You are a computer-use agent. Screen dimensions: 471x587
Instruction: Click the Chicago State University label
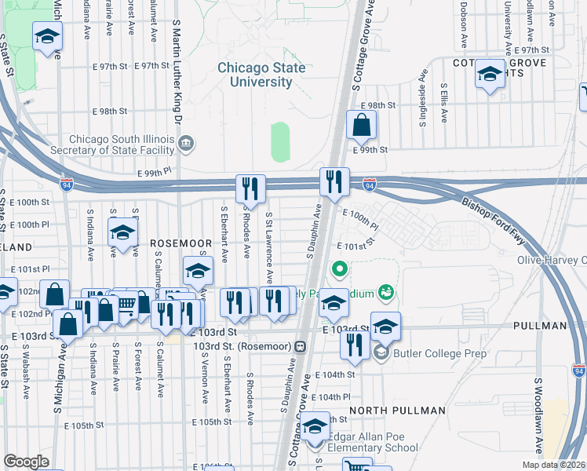[261, 75]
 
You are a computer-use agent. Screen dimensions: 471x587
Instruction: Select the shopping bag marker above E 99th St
[361, 125]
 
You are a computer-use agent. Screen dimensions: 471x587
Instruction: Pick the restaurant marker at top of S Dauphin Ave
[334, 182]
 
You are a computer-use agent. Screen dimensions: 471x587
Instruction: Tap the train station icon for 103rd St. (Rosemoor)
[301, 346]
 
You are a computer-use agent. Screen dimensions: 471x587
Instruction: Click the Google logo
[26, 462]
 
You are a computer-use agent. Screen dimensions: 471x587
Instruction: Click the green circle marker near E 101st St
[339, 269]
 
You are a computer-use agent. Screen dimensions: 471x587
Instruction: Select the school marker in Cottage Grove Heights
[490, 75]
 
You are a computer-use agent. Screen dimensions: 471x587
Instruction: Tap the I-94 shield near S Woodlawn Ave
[578, 367]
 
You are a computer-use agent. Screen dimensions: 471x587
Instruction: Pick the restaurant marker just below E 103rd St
[356, 345]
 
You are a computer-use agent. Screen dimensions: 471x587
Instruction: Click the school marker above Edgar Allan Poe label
[315, 428]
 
